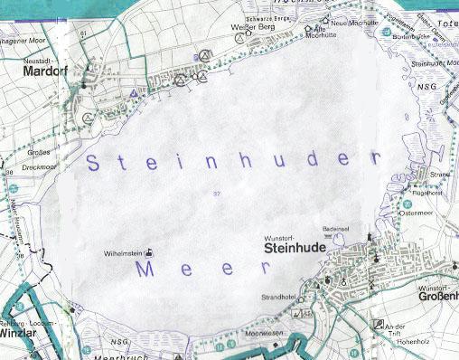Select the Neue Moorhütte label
coord(352,22)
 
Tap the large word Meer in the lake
coord(201,269)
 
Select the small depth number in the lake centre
coord(216,194)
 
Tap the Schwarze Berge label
coord(274,18)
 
